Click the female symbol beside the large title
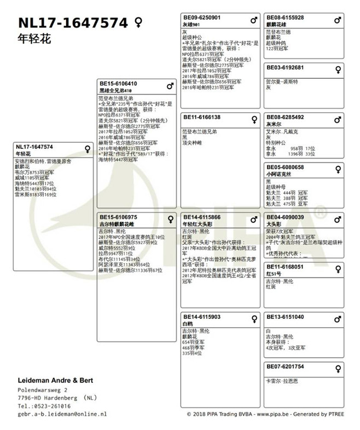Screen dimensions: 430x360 138,22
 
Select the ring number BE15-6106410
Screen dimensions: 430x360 118,84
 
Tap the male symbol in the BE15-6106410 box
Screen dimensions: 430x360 170,85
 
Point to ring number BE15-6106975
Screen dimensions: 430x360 118,217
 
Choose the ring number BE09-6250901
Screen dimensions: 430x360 202,18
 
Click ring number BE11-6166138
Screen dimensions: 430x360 202,117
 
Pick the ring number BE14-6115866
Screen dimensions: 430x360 202,217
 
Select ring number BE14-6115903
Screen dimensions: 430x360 202,317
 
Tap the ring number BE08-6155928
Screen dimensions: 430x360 285,18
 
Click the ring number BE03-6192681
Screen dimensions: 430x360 285,67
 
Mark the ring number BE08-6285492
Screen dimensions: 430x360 285,117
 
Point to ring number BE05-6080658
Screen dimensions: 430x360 285,167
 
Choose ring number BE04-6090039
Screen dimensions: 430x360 285,217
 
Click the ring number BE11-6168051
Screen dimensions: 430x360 285,267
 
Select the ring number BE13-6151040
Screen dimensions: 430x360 285,317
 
